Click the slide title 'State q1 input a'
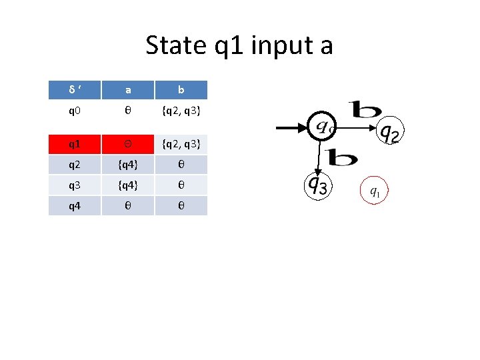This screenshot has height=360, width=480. click(239, 46)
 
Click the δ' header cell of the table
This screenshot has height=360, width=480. click(75, 90)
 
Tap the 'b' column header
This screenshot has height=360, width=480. click(181, 90)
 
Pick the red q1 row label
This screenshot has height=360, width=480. click(75, 144)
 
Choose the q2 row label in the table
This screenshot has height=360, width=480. click(75, 165)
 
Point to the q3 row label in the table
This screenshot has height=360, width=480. click(75, 185)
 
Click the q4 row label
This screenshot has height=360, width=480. click(75, 205)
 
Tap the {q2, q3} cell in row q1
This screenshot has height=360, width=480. click(181, 144)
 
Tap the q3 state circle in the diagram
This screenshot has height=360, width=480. click(319, 187)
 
